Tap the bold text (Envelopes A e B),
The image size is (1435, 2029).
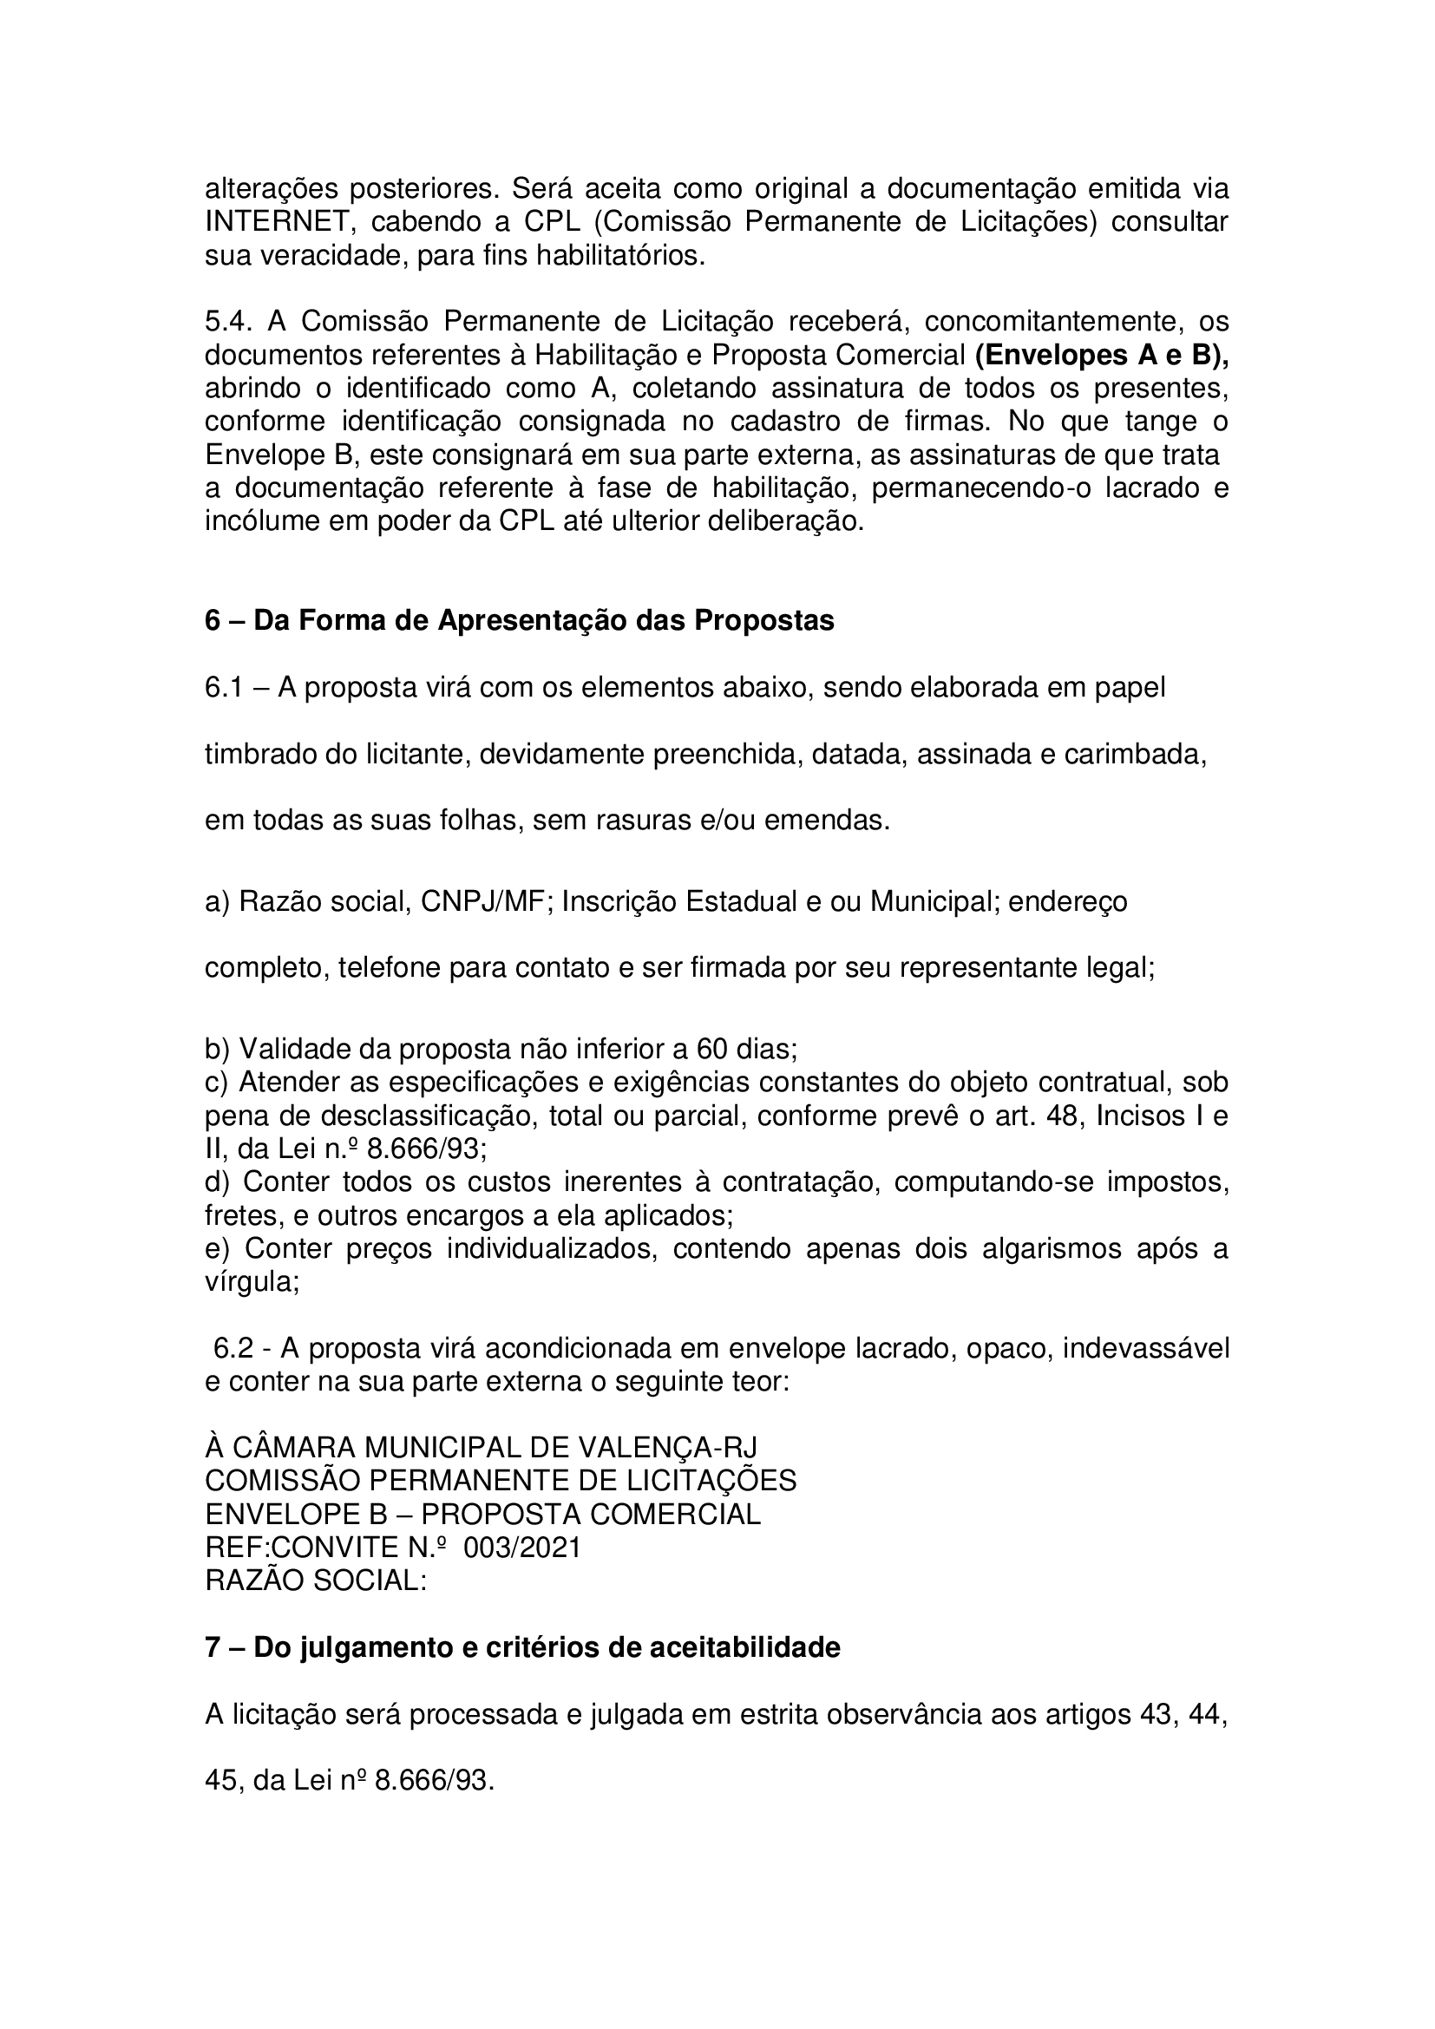click(1102, 355)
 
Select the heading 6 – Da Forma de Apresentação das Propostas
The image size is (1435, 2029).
click(520, 621)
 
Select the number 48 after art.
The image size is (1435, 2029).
click(1061, 1116)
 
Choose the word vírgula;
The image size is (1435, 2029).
click(252, 1282)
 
